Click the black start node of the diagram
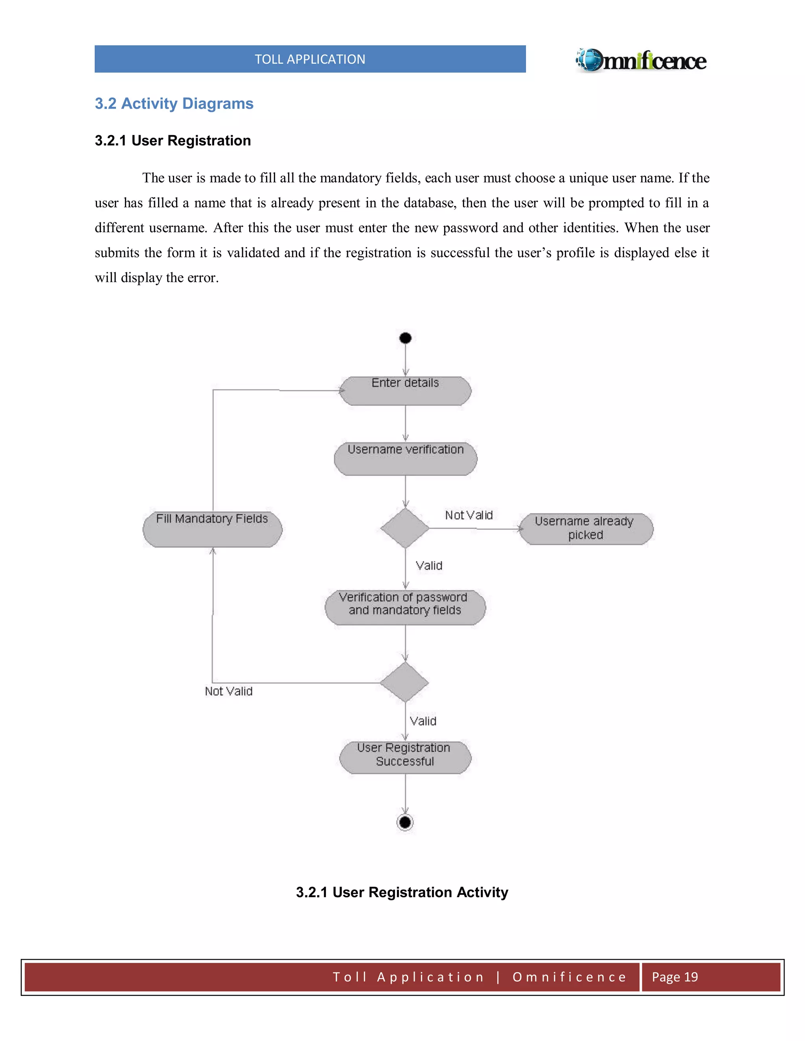click(405, 338)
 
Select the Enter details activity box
click(405, 390)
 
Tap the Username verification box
click(405, 458)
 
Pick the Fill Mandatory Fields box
click(212, 529)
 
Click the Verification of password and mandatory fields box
click(405, 607)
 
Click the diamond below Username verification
click(405, 528)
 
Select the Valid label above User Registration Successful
click(423, 721)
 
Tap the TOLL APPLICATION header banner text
click(310, 59)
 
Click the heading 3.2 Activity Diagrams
click(174, 103)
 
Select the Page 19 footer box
click(710, 977)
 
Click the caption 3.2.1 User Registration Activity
click(402, 892)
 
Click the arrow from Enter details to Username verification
click(405, 423)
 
